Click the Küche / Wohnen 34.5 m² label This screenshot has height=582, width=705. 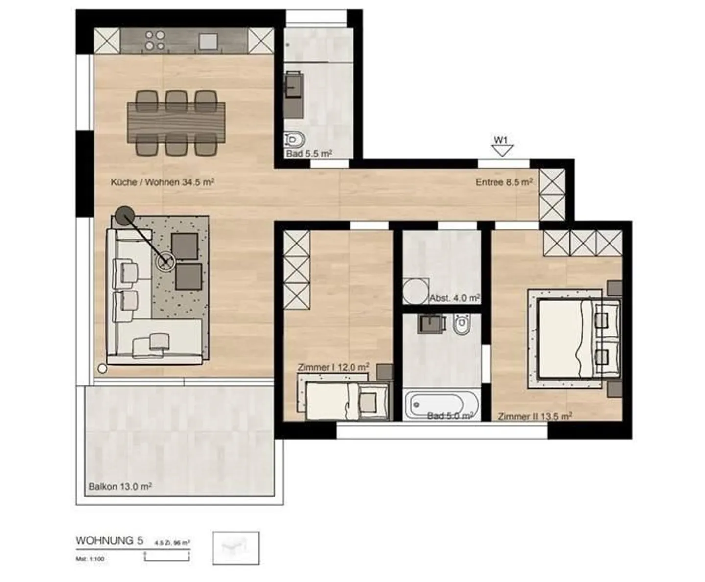pyautogui.click(x=163, y=182)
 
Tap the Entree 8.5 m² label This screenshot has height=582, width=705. pyautogui.click(x=504, y=182)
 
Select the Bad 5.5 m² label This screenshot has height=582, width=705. pyautogui.click(x=309, y=154)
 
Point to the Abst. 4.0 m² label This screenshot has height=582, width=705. pyautogui.click(x=454, y=298)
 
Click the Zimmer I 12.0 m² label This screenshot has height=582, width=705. pyautogui.click(x=333, y=367)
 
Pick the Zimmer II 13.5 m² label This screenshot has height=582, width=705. pyautogui.click(x=535, y=416)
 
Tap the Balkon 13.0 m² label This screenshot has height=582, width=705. pyautogui.click(x=120, y=487)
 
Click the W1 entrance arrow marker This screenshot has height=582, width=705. pyautogui.click(x=501, y=147)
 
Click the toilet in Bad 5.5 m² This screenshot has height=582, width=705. pyautogui.click(x=294, y=139)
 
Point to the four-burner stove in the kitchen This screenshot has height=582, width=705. pyautogui.click(x=155, y=41)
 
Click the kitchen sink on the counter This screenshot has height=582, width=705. pyautogui.click(x=208, y=41)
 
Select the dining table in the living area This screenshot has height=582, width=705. pyautogui.click(x=176, y=122)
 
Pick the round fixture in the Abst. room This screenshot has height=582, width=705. pyautogui.click(x=415, y=291)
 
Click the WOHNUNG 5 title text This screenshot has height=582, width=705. pyautogui.click(x=110, y=540)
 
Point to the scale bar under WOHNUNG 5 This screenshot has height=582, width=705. pyautogui.click(x=167, y=557)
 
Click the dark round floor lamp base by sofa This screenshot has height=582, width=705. pyautogui.click(x=125, y=215)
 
